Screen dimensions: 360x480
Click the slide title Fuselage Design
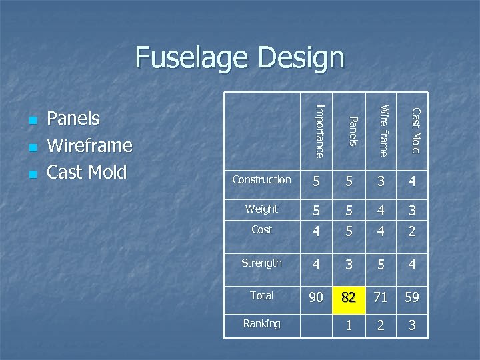(239, 58)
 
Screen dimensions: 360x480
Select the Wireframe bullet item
(89, 145)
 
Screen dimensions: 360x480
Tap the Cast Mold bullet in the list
(87, 172)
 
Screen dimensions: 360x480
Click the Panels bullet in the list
(73, 119)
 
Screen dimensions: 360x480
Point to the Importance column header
(319, 131)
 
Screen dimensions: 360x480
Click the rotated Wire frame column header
(383, 129)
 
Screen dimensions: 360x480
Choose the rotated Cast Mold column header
(415, 130)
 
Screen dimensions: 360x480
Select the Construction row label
(261, 180)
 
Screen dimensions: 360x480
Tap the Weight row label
(261, 209)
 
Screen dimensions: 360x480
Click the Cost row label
(261, 229)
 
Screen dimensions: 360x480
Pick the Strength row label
(261, 263)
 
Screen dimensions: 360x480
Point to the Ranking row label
(261, 324)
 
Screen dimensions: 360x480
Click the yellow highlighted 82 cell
(349, 298)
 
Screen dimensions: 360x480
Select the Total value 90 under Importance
(317, 297)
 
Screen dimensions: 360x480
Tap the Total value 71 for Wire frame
(380, 298)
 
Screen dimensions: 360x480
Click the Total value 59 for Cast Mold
(412, 298)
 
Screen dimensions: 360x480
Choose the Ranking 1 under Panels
(349, 325)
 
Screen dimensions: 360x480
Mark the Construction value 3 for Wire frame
(380, 181)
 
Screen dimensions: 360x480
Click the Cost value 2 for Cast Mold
(412, 231)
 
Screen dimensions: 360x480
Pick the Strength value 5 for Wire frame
(380, 265)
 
